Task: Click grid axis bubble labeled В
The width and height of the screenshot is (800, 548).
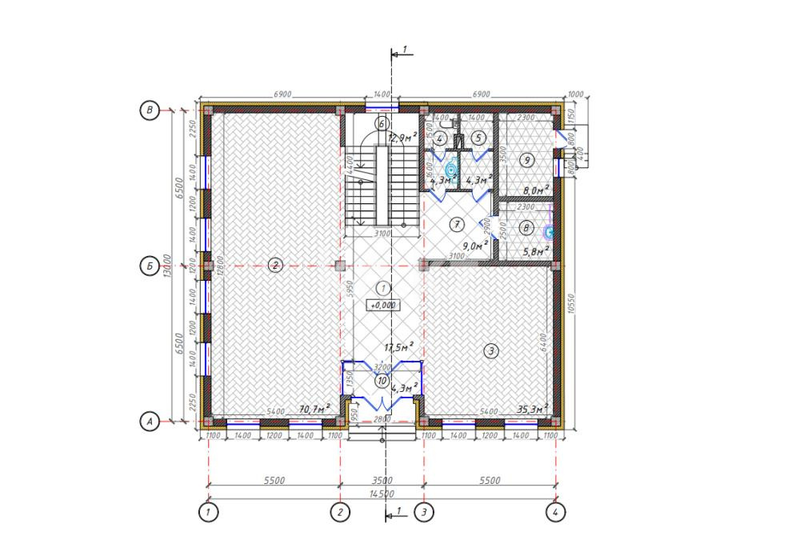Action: pos(149,110)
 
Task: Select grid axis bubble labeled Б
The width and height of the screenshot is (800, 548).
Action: pos(149,265)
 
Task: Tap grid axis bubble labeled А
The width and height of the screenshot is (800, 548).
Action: pos(149,420)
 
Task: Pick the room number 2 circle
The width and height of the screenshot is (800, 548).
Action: pos(274,265)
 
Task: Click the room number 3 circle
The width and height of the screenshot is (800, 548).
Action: pos(491,350)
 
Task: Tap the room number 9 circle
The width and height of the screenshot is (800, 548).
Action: pos(526,161)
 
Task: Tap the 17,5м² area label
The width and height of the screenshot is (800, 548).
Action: pos(398,347)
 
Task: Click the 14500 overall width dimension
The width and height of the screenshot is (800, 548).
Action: pos(382,494)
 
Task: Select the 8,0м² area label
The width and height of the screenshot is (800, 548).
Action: pos(535,190)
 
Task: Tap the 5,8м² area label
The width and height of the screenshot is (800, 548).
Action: pos(535,252)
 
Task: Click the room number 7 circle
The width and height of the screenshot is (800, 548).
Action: pos(456,223)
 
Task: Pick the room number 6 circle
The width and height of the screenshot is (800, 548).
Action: pos(382,123)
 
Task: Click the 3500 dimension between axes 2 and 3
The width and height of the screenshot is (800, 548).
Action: pos(382,481)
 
